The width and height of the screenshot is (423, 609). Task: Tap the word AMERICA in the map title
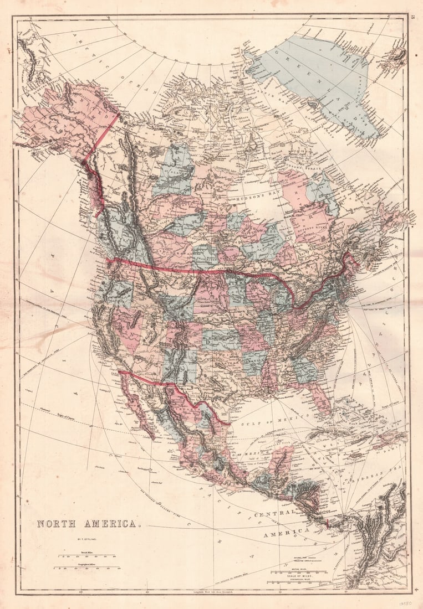point(108,523)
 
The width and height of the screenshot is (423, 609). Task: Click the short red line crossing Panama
point(327,523)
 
